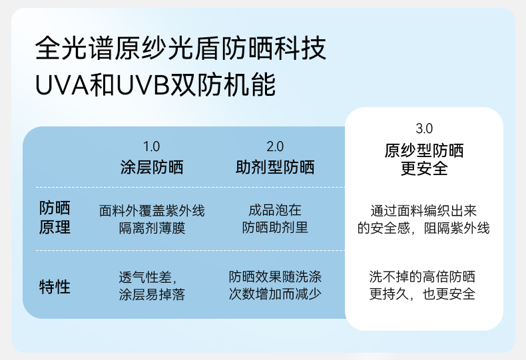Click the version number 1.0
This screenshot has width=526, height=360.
(151, 146)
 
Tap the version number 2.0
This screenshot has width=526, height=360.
(275, 146)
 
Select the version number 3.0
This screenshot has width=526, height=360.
(424, 128)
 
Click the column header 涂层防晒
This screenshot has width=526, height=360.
(152, 167)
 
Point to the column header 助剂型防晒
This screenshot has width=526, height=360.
(275, 167)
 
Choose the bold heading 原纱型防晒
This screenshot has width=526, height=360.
(424, 150)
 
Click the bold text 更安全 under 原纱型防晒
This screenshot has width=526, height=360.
(424, 168)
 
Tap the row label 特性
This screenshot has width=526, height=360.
(55, 287)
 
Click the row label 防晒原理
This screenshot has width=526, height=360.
(55, 218)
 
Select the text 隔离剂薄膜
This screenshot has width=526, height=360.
(152, 228)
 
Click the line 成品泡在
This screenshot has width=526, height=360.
(275, 210)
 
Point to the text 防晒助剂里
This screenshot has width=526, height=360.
(275, 228)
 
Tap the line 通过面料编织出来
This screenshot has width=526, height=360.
(423, 211)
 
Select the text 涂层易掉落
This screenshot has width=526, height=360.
(152, 295)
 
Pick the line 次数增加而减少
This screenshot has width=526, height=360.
(275, 294)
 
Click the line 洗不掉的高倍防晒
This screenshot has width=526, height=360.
(422, 277)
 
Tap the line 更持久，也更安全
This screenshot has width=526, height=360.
(422, 294)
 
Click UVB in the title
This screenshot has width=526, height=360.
(143, 85)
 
